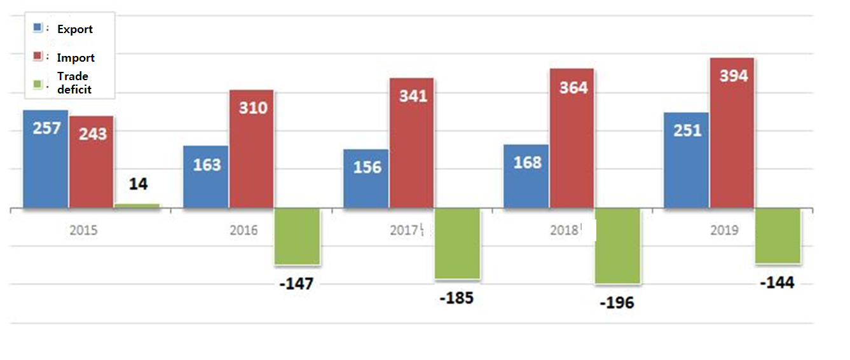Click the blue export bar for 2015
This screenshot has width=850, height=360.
coord(45,159)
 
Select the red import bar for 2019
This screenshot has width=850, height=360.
coord(732,133)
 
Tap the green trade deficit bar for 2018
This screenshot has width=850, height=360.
coord(617,246)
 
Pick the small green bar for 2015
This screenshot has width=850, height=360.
coord(137,205)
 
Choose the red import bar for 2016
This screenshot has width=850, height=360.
coord(252,149)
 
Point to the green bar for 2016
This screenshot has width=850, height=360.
coord(297,236)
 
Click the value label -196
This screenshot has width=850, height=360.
coord(617,303)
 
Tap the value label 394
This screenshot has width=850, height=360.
coord(734,76)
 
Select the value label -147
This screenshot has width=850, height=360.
coord(296,284)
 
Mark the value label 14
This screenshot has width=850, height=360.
coord(138,184)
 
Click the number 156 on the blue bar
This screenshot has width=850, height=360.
coord(367,167)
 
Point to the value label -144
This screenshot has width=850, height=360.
coord(777,283)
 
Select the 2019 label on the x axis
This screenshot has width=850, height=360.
coord(724,230)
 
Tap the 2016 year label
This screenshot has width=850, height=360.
coord(243,230)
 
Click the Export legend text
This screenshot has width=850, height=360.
coord(75,29)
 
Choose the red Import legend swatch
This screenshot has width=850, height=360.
coord(38,57)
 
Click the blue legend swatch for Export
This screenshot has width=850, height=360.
coord(38,28)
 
